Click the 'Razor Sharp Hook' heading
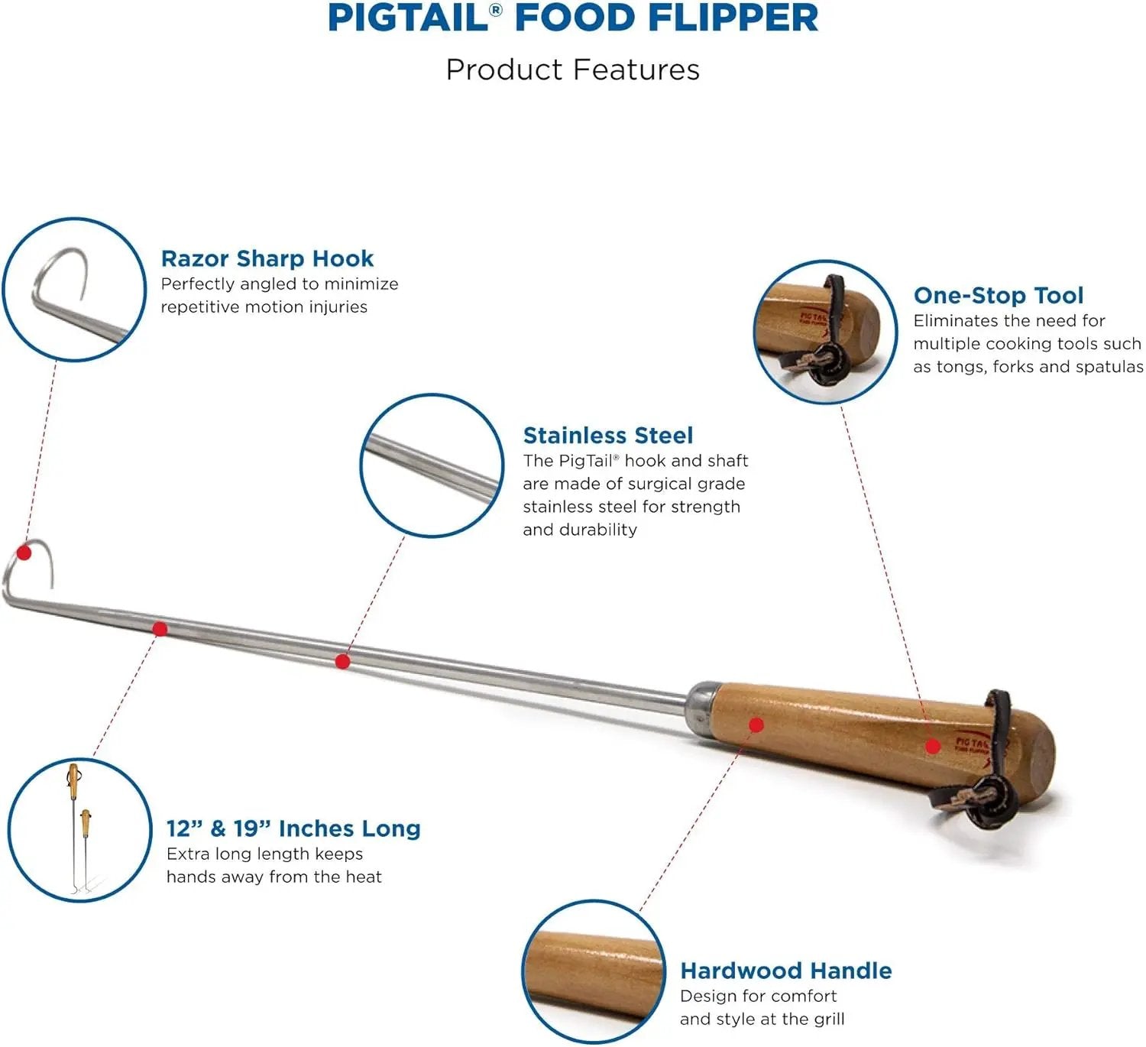pyautogui.click(x=267, y=259)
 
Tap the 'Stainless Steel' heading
pyautogui.click(x=608, y=436)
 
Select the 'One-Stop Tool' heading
pyautogui.click(x=998, y=296)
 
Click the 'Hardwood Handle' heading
pyautogui.click(x=786, y=971)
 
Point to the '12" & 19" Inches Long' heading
pyautogui.click(x=293, y=828)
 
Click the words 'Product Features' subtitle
pyautogui.click(x=573, y=70)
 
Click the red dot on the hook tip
pyautogui.click(x=24, y=553)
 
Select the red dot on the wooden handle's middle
pyautogui.click(x=756, y=725)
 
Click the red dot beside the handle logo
pyautogui.click(x=933, y=747)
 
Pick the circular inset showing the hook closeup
pyautogui.click(x=74, y=289)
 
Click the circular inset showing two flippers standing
pyautogui.click(x=80, y=830)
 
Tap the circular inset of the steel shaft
pyautogui.click(x=432, y=465)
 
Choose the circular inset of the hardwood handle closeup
pyautogui.click(x=594, y=972)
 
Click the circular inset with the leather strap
pyautogui.click(x=826, y=332)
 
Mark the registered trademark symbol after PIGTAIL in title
pyautogui.click(x=496, y=10)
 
